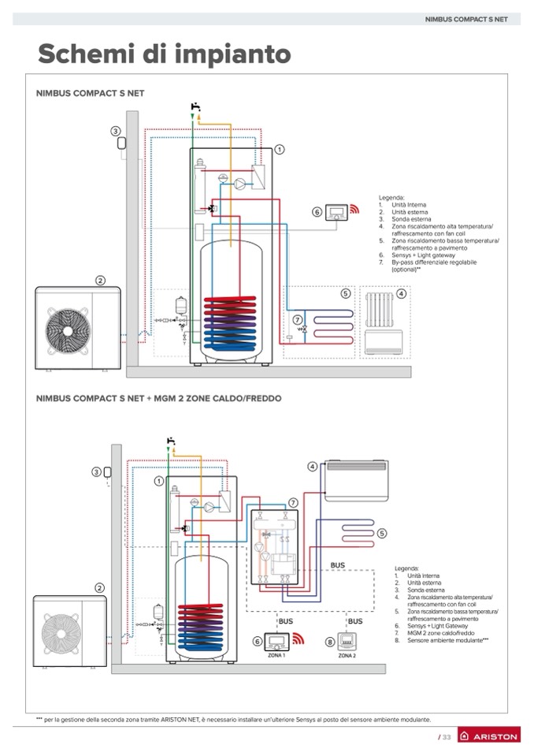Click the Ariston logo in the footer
tap(489, 736)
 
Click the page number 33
tap(447, 737)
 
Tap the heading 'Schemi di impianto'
tap(164, 54)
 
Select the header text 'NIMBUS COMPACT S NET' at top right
tap(466, 19)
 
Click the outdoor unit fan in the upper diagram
tap(68, 330)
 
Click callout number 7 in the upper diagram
tap(298, 319)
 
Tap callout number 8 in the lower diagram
tap(330, 642)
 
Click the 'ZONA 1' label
tap(276, 656)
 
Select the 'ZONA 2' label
tap(347, 656)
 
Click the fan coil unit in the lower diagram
tap(356, 481)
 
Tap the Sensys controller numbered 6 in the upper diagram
tap(336, 213)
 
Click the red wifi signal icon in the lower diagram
tap(299, 639)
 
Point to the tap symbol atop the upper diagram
tap(195, 107)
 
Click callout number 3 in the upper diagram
tap(115, 131)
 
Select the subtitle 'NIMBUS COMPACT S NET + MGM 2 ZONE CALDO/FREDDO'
tap(159, 398)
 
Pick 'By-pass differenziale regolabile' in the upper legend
tap(434, 263)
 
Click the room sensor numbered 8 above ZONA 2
tap(347, 641)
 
